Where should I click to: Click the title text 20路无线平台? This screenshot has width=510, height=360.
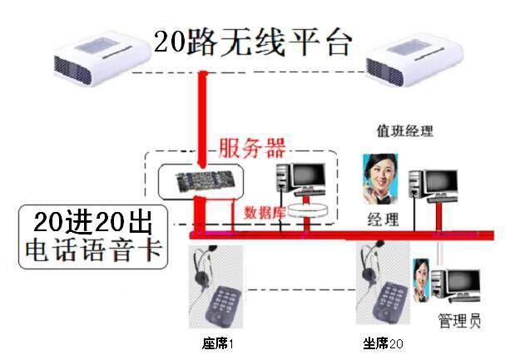[254, 42]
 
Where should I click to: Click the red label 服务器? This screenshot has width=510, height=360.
[252, 150]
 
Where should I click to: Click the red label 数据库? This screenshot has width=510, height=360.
[265, 211]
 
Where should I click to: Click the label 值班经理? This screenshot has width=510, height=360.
[405, 131]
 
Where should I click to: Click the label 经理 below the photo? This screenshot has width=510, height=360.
[383, 219]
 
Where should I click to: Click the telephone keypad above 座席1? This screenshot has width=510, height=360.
[223, 305]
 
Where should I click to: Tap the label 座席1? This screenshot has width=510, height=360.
[216, 343]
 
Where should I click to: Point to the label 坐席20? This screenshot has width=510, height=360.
[383, 343]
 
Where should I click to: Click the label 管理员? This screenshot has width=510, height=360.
[459, 321]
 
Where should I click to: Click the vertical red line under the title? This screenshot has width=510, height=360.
[201, 116]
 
